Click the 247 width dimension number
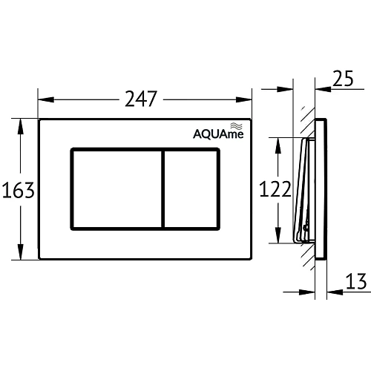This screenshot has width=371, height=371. [x=143, y=98]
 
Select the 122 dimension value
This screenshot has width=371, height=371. [x=275, y=189]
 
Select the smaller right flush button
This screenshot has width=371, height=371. [x=191, y=188]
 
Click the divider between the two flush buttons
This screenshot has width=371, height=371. [x=162, y=188]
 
